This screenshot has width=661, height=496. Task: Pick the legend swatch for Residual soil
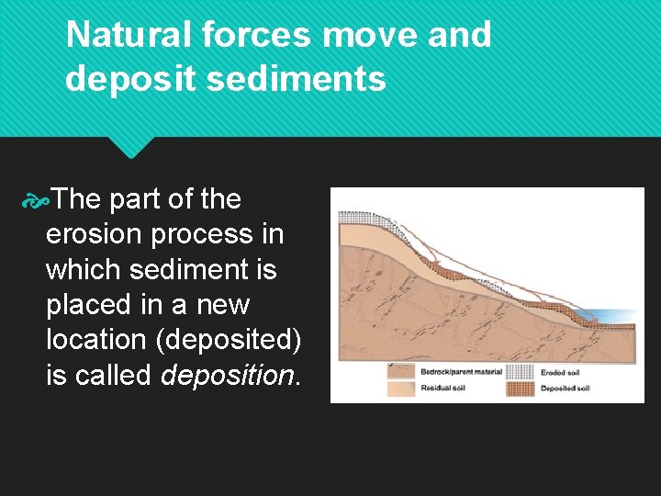[x=401, y=388]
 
